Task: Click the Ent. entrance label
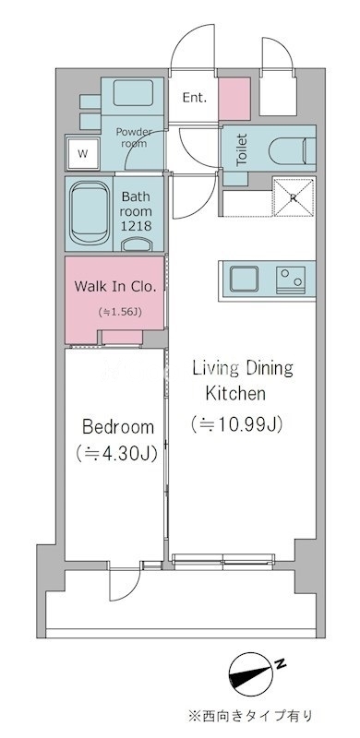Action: (x=195, y=98)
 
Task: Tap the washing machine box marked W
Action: (x=83, y=153)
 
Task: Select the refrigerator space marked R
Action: (x=294, y=197)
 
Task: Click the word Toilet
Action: (x=242, y=149)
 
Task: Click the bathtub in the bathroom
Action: (x=90, y=214)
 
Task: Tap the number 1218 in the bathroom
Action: (x=137, y=226)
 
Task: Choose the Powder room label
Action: (x=134, y=137)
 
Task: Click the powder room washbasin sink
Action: (x=133, y=92)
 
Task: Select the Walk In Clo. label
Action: (x=115, y=286)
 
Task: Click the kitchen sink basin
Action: (x=244, y=279)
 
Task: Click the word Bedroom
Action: (x=118, y=427)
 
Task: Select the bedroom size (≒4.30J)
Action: (x=116, y=453)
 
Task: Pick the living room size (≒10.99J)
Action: (x=236, y=424)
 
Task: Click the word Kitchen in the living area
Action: (x=235, y=393)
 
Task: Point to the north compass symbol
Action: (x=252, y=677)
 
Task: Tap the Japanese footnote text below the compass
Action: (x=250, y=716)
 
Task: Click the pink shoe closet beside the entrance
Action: (x=234, y=99)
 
